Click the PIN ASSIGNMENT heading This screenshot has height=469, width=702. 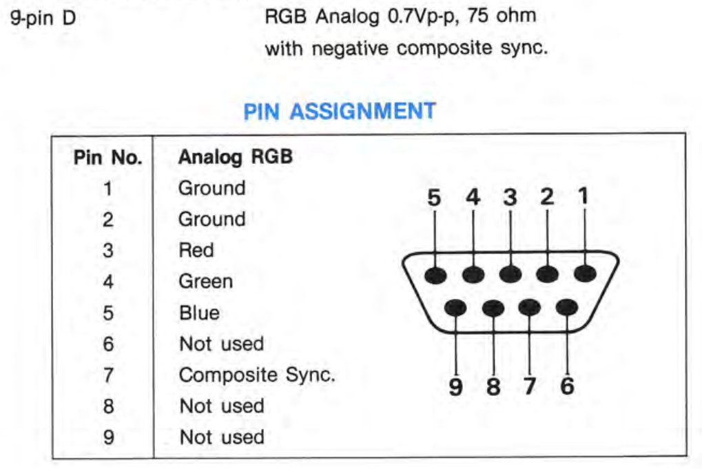(x=340, y=112)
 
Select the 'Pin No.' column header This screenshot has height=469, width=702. (x=107, y=157)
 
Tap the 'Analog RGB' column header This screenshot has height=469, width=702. (x=235, y=157)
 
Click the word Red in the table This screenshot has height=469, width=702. (x=196, y=250)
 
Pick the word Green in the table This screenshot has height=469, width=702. (x=205, y=281)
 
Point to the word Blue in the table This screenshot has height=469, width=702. (x=199, y=313)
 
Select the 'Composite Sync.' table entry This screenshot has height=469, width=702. (x=257, y=375)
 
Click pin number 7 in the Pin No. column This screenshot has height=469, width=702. (x=107, y=375)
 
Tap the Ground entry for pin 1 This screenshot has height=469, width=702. (x=211, y=188)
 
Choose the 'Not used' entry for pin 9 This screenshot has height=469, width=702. (x=221, y=437)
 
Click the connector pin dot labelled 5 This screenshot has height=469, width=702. (x=435, y=275)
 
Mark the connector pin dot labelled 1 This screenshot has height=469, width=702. (x=585, y=273)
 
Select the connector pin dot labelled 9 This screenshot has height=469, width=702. (x=455, y=306)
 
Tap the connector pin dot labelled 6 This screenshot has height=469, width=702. (x=566, y=306)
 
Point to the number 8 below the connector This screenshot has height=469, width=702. (x=493, y=386)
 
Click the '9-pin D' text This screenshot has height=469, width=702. (x=43, y=16)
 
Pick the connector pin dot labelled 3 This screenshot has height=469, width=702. (x=510, y=274)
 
